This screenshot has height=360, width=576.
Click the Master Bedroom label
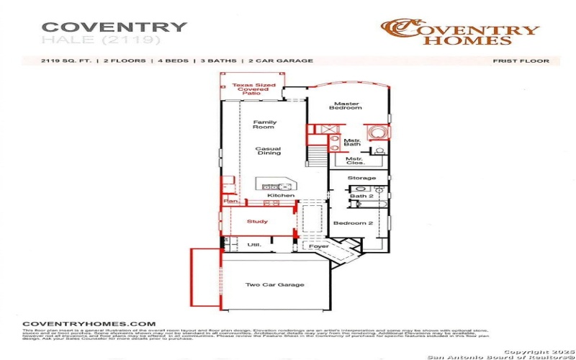pyautogui.click(x=346, y=106)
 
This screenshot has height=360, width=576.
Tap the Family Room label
pyautogui.click(x=264, y=125)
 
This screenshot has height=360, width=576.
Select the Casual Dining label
pyautogui.click(x=268, y=151)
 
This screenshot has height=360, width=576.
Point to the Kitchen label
pyautogui.click(x=281, y=196)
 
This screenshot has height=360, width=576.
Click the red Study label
pyautogui.click(x=257, y=222)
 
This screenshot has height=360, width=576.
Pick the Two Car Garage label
pyautogui.click(x=275, y=285)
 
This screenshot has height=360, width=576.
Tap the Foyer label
pyautogui.click(x=319, y=246)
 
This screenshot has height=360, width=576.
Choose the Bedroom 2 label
pyautogui.click(x=353, y=223)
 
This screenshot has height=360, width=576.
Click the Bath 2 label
pyautogui.click(x=361, y=196)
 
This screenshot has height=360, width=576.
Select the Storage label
pyautogui.click(x=361, y=178)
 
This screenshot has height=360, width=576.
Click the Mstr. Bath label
pyautogui.click(x=352, y=143)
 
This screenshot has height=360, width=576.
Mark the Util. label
pyautogui.click(x=254, y=246)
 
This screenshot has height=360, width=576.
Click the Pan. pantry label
pyautogui.click(x=230, y=202)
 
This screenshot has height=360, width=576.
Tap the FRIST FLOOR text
pyautogui.click(x=521, y=61)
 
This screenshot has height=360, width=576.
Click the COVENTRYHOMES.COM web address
pyautogui.click(x=89, y=324)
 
